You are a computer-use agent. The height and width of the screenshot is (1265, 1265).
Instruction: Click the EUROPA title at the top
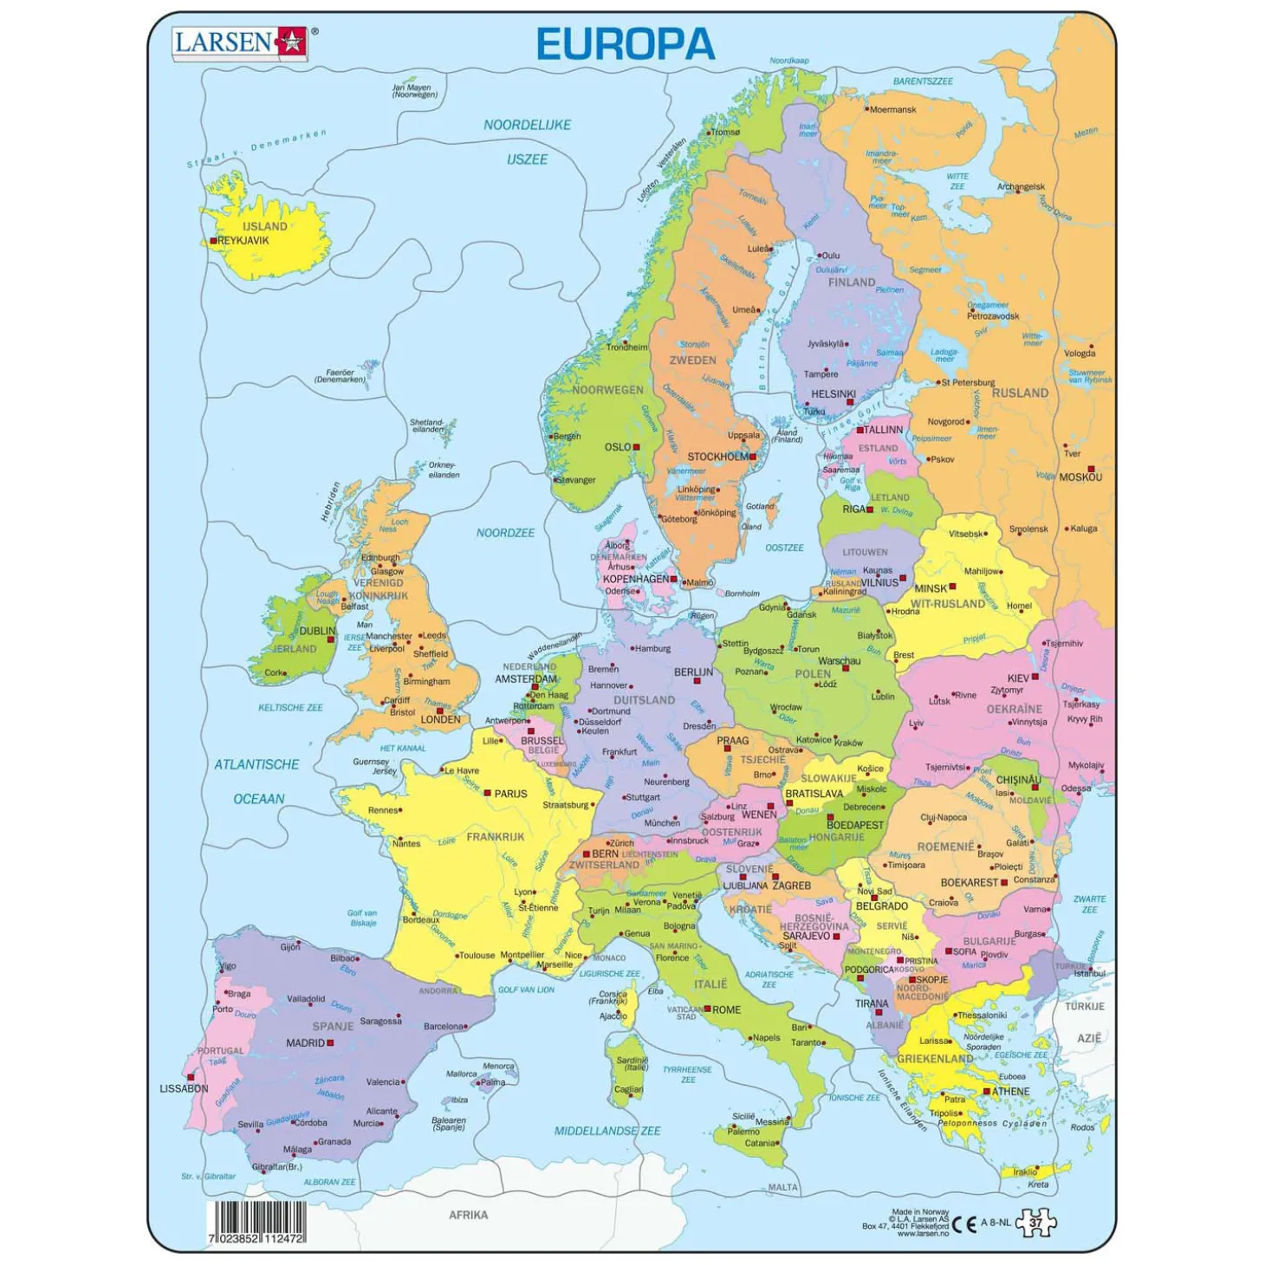(625, 44)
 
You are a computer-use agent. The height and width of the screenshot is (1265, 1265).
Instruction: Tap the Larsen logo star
(291, 42)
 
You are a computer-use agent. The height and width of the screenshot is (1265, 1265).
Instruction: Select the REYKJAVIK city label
(243, 241)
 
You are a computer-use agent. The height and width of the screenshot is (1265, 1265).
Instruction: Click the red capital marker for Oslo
(636, 447)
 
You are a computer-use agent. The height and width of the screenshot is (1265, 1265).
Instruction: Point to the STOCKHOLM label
(717, 457)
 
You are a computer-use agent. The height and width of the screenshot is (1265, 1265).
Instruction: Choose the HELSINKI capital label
(833, 394)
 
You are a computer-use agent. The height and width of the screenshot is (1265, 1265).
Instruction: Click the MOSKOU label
(1080, 477)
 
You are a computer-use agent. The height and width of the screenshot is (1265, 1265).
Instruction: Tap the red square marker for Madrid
(330, 1043)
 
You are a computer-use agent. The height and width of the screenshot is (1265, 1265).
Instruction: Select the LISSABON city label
(184, 1088)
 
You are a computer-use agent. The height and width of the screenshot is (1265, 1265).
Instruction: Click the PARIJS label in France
(510, 794)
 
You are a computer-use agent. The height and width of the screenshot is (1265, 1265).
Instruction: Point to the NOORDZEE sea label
(505, 533)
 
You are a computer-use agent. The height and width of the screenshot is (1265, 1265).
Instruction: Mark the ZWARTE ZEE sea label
(1089, 904)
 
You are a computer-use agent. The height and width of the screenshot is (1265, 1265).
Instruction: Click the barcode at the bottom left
(256, 1222)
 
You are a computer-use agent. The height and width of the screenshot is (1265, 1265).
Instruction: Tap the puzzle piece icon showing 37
(1036, 1223)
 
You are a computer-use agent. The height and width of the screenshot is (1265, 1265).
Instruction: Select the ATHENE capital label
(1010, 1092)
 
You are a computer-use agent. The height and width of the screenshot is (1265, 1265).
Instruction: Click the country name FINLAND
(851, 282)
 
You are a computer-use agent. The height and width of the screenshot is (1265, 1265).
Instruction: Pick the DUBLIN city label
(316, 631)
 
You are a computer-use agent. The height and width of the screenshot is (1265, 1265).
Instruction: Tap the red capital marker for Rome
(707, 1009)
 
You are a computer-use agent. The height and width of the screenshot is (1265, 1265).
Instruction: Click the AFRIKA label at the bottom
(468, 1215)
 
